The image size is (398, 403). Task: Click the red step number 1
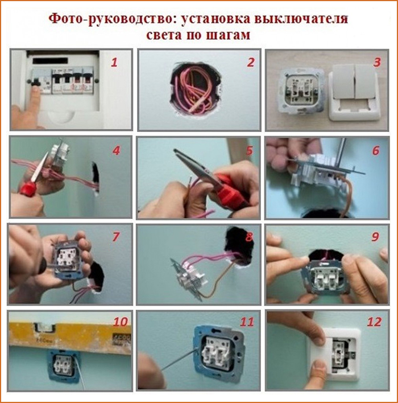click(114, 63)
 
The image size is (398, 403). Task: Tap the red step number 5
click(250, 151)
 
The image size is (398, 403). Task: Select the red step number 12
click(374, 322)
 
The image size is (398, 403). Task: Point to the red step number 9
click(375, 237)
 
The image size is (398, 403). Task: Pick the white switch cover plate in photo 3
click(354, 93)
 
